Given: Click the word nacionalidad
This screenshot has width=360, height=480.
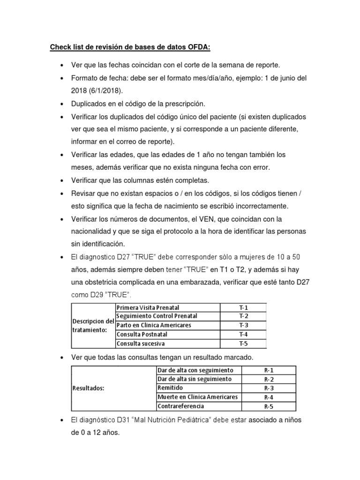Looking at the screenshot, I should (x=93, y=231).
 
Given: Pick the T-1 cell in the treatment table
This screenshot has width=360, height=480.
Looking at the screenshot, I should (x=243, y=308).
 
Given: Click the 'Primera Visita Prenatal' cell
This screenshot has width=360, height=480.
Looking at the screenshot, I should (x=148, y=308).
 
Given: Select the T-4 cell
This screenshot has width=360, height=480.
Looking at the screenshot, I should (x=243, y=335).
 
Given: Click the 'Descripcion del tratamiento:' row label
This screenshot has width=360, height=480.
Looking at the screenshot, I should (x=92, y=326).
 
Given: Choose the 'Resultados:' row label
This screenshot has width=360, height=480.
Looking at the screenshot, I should (x=88, y=388).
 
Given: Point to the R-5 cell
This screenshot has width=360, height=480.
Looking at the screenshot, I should (x=269, y=406).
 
